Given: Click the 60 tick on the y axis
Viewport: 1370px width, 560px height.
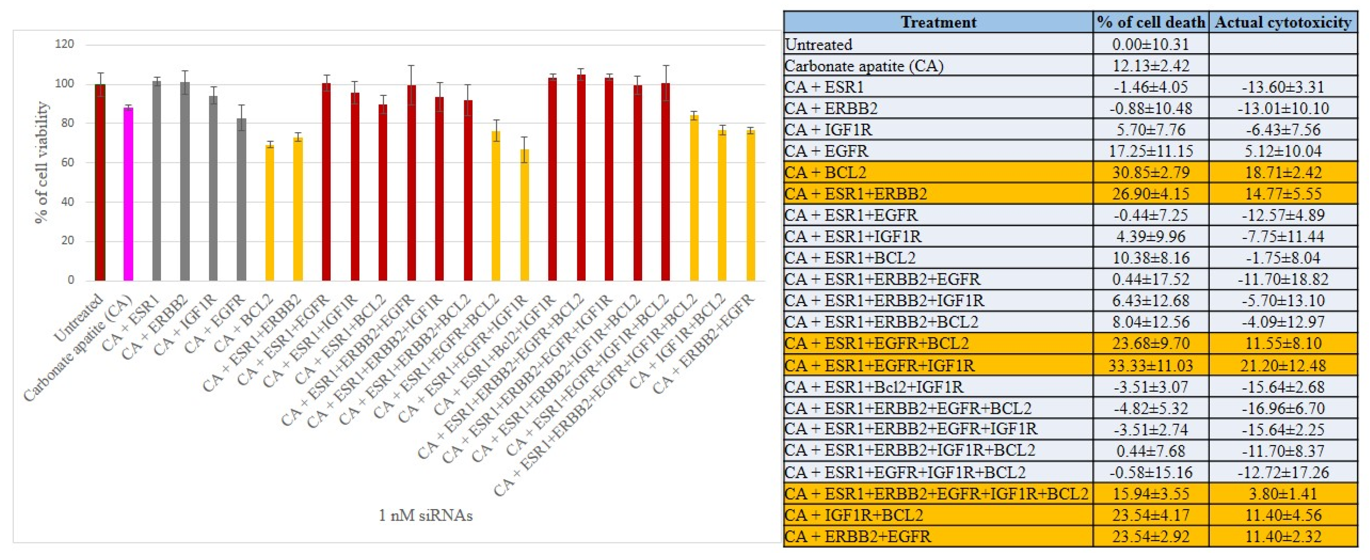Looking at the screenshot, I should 67,162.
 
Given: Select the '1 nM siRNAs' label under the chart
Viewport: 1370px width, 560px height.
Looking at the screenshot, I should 425,515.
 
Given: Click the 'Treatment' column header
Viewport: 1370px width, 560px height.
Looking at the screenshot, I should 938,22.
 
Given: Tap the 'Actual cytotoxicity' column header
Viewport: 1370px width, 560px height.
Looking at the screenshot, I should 1282,22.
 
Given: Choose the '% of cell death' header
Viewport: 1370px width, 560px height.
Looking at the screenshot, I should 1150,22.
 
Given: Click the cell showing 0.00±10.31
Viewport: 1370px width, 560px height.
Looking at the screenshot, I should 1150,44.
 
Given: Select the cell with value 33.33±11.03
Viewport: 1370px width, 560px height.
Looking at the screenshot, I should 1150,365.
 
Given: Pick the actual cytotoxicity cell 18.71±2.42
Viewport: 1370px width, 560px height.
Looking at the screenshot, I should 1282,172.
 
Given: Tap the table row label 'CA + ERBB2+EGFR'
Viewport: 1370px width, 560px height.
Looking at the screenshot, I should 858,536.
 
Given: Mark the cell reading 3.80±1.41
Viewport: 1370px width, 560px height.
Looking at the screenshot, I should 1282,494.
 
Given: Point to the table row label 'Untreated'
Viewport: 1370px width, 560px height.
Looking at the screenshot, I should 818,44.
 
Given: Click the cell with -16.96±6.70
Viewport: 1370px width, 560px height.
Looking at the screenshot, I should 1282,408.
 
